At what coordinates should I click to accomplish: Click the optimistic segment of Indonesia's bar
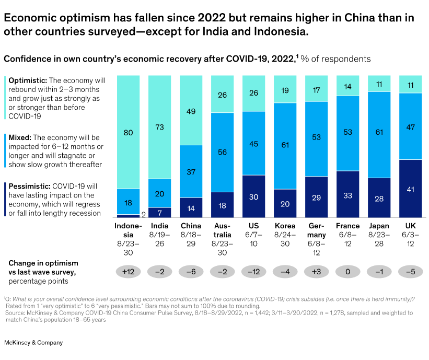[128, 132]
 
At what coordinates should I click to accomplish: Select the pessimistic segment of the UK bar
[410, 189]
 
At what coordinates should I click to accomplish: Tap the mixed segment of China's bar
[191, 171]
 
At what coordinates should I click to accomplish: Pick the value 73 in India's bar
[159, 127]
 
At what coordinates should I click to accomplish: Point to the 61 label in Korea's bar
[285, 146]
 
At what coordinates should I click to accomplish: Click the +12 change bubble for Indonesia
[128, 271]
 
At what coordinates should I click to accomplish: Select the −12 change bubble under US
[253, 271]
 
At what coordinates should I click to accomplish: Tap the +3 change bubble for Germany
[316, 271]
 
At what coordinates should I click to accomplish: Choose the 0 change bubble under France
[347, 271]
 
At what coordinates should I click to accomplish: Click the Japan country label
[379, 226]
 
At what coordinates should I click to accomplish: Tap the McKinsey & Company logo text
[33, 342]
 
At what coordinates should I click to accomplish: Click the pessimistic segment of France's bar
[347, 194]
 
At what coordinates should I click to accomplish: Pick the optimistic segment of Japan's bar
[379, 84]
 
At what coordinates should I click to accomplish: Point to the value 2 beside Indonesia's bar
[143, 214]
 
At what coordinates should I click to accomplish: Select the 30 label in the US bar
[253, 196]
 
